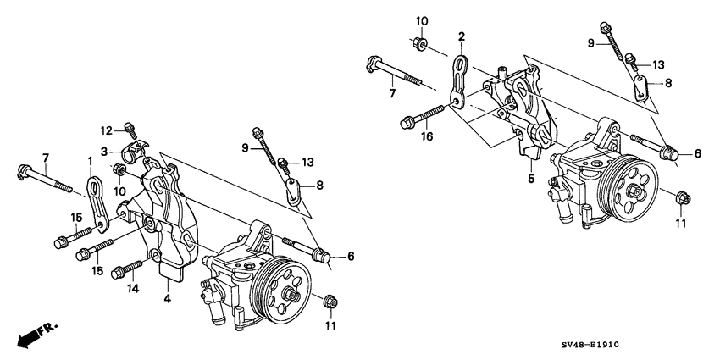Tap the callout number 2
coord(462,36)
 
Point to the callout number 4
coord(167,297)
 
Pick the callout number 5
coord(531,179)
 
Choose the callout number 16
coord(404,135)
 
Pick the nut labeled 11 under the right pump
coord(681,198)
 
